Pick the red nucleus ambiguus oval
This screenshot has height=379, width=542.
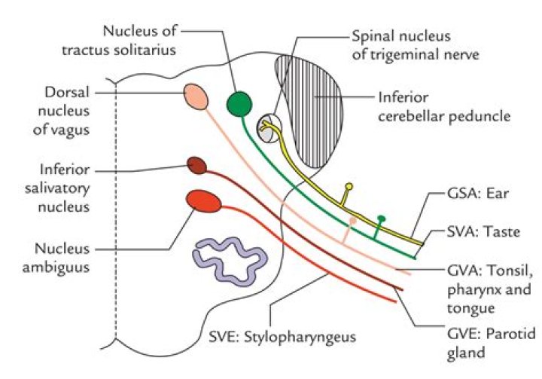coord(204,202)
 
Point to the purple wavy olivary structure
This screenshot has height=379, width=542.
coord(230,256)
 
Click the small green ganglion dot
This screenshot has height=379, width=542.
coord(382,219)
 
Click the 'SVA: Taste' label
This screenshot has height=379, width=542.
coord(480,233)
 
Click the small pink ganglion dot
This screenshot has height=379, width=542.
coord(352,221)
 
